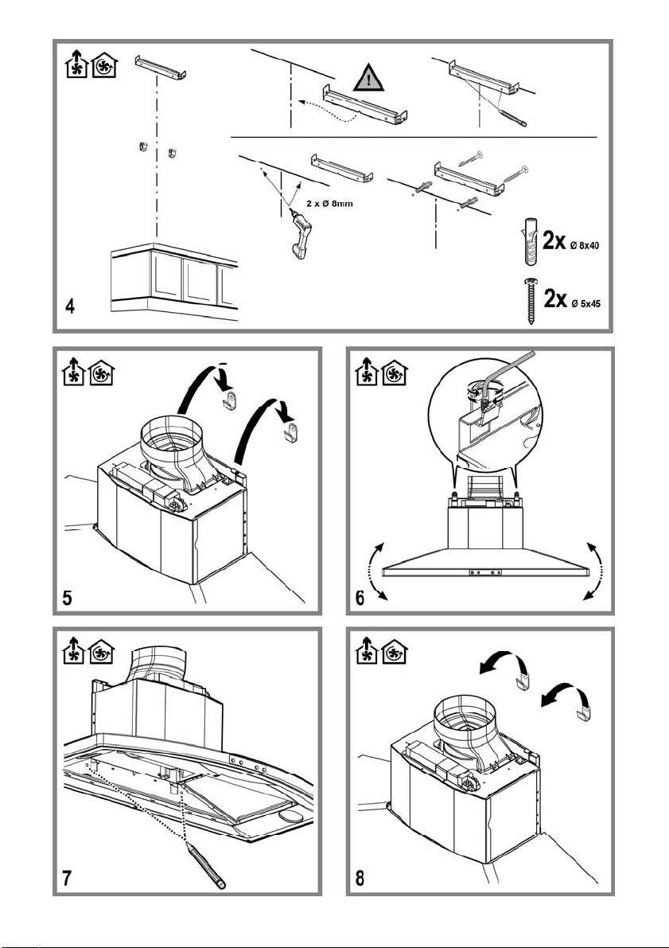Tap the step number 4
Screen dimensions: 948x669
click(x=71, y=306)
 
